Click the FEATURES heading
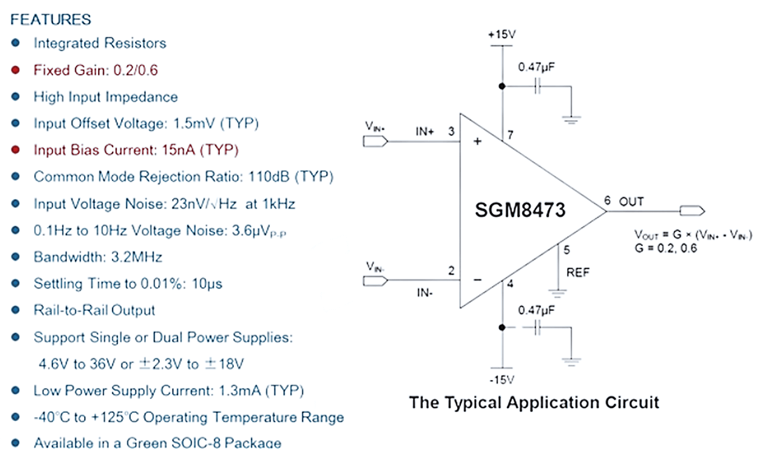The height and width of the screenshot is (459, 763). [x=51, y=20]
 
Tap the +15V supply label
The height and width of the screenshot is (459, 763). [x=502, y=35]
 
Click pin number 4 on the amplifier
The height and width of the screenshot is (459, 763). [x=510, y=283]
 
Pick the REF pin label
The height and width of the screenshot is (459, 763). [x=578, y=273]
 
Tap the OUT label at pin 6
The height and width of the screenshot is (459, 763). [x=632, y=202]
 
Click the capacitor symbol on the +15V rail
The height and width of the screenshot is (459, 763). [x=537, y=87]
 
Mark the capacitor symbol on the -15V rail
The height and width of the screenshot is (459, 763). [x=537, y=327]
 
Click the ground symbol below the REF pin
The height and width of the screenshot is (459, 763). [x=557, y=292]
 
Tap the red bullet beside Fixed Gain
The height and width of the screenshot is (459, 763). [x=16, y=70]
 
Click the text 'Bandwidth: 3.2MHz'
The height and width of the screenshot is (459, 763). [x=98, y=257]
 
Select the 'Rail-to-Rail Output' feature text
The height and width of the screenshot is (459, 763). [x=94, y=310]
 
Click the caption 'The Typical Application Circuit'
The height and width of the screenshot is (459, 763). [x=534, y=402]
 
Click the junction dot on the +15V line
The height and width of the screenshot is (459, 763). [x=502, y=87]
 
